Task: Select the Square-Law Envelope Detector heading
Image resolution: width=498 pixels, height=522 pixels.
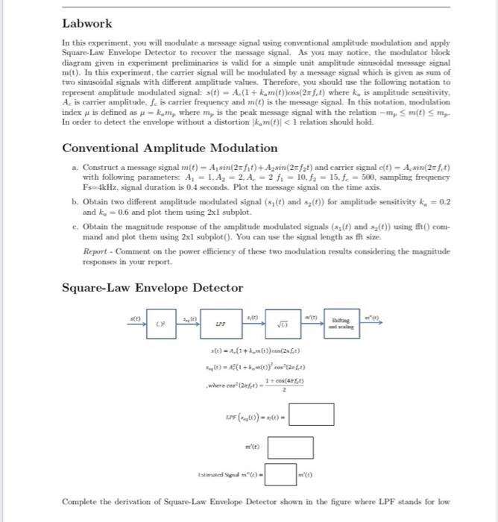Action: click(152, 288)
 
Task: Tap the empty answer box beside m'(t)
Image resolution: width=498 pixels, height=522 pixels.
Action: click(286, 448)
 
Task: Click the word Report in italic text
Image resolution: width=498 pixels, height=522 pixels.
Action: click(96, 251)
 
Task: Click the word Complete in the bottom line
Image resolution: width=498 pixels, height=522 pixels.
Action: click(79, 502)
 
